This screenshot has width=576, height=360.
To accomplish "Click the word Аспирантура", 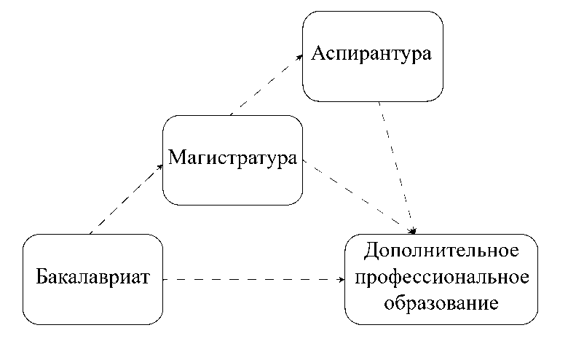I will click(372, 55).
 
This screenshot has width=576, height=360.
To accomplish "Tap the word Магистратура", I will click(232, 158).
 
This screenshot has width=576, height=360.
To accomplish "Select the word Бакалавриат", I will click(93, 278).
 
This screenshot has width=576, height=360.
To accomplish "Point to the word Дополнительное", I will click(441, 251).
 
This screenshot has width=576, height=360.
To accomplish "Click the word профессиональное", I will click(441, 277).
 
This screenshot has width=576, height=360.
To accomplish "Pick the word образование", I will click(441, 302).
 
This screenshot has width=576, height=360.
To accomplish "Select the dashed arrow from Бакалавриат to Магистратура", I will click(125, 199).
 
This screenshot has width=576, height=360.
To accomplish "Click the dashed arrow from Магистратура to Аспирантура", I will click(267, 85).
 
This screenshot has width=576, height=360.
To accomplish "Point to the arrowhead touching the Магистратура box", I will click(160, 165).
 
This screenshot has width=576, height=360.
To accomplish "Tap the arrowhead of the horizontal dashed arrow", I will click(341, 278).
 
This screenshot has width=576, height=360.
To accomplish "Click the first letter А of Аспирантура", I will click(318, 54).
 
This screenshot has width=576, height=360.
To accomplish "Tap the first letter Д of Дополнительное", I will click(370, 252).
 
